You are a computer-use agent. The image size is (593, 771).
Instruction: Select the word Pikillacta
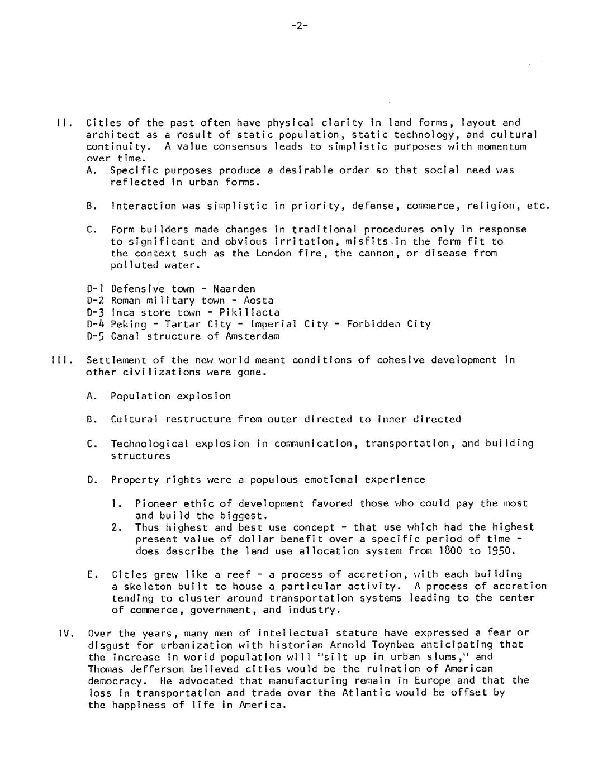[x=249, y=312]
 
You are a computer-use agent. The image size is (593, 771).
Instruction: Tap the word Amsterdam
[x=253, y=336]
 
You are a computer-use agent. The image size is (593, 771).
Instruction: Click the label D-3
[x=97, y=312]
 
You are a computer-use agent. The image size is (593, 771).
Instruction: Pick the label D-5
[x=97, y=336]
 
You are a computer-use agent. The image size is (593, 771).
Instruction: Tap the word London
[x=274, y=253]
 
